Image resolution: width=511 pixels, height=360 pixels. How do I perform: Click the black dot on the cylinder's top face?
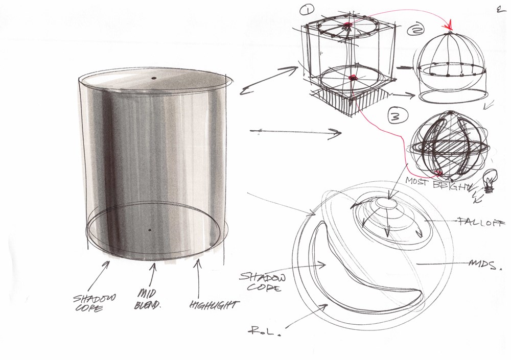point(153,78)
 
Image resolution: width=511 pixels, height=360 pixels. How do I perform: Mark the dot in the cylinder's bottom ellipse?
point(150,230)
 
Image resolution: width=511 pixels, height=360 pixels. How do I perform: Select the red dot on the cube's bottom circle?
point(352,77)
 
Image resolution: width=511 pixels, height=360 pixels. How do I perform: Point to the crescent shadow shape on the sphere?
point(353,286)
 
